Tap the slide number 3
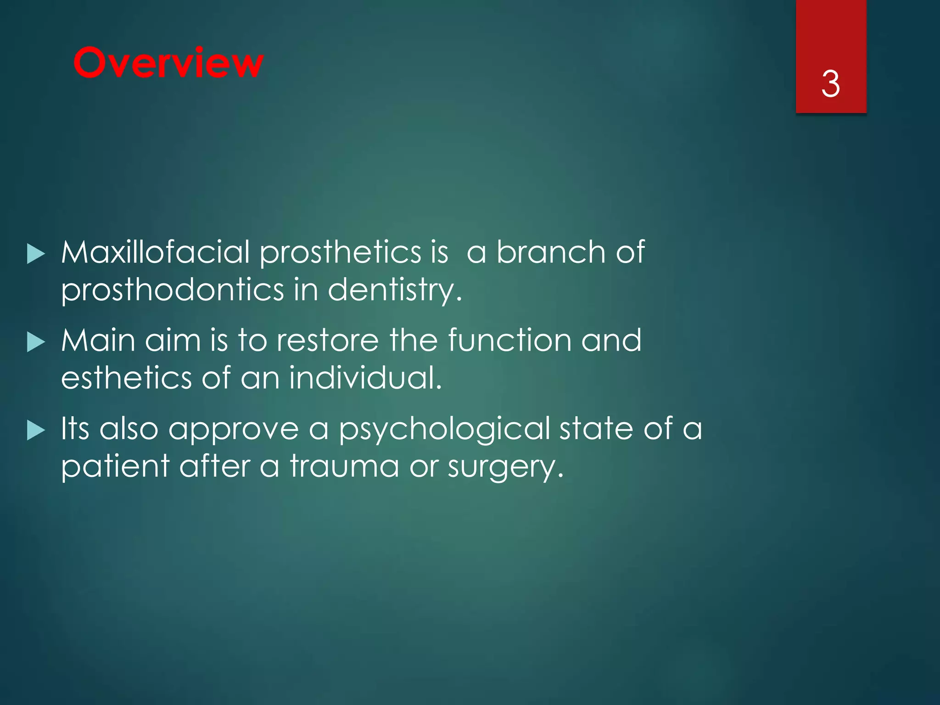pyautogui.click(x=830, y=84)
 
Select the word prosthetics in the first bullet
pyautogui.click(x=340, y=253)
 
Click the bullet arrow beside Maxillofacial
pyautogui.click(x=36, y=254)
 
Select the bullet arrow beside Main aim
pyautogui.click(x=36, y=342)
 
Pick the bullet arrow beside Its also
pyautogui.click(x=36, y=430)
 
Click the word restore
pyautogui.click(x=328, y=341)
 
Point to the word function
pyautogui.click(x=509, y=341)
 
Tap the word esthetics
pyautogui.click(x=126, y=378)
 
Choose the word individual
pyautogui.click(x=365, y=378)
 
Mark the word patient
pyautogui.click(x=115, y=467)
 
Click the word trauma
pyautogui.click(x=344, y=466)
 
